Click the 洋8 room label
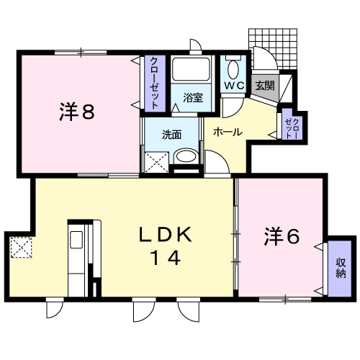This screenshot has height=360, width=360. click(77, 111)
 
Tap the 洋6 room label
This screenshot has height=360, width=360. click(282, 236)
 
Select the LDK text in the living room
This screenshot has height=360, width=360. click(166, 234)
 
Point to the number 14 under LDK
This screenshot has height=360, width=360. click(166, 257)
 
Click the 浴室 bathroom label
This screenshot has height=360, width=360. click(193, 98)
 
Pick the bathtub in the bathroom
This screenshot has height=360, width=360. click(192, 69)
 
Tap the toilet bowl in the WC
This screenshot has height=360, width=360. click(233, 70)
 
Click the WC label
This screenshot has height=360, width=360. click(234, 86)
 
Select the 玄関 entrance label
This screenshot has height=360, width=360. click(265, 85)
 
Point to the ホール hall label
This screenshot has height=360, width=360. click(228, 132)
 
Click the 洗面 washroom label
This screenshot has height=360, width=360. click(171, 135)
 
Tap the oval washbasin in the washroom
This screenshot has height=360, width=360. click(186, 156)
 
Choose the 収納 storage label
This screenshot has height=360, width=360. click(341, 268)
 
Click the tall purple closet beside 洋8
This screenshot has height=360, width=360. click(155, 84)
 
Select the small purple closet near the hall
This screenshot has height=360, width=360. click(292, 124)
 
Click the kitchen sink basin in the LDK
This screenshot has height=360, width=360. click(76, 240)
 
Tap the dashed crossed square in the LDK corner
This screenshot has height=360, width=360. click(21, 247)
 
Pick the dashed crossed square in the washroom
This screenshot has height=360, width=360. click(156, 162)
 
